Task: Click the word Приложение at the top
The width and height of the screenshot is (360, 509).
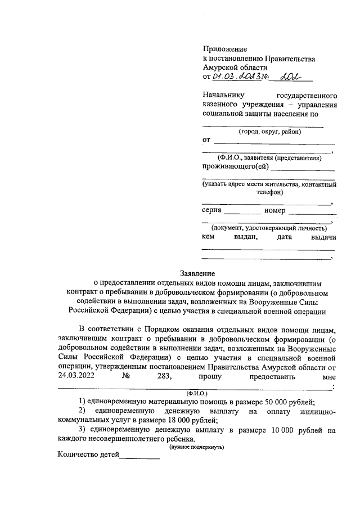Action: click(x=224, y=49)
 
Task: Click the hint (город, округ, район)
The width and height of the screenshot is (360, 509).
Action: click(x=269, y=132)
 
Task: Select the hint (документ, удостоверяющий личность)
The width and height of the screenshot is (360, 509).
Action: click(x=268, y=228)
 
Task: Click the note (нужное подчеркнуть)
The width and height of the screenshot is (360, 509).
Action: click(x=197, y=447)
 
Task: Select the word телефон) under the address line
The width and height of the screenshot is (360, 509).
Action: click(x=269, y=192)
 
